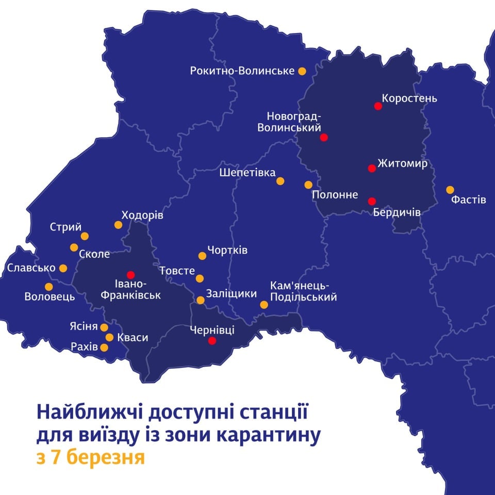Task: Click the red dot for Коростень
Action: tap(378, 106)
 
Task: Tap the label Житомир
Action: tap(403, 164)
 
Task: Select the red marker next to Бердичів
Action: tap(372, 201)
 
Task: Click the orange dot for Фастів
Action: tap(450, 189)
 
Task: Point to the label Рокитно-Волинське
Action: tap(242, 71)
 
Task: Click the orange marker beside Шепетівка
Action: tap(280, 181)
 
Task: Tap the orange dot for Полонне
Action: tap(308, 185)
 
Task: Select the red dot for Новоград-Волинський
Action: tap(324, 137)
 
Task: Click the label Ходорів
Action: tap(142, 215)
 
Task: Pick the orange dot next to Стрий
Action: tap(85, 236)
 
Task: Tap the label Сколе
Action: tap(95, 254)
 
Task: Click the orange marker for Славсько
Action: tap(63, 268)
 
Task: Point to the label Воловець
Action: tap(49, 297)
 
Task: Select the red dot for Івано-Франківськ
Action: tap(130, 274)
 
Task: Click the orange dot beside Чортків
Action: tap(202, 256)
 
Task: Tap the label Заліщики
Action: tap(231, 294)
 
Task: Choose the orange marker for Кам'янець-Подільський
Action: tap(264, 305)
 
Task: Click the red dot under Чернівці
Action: tap(211, 341)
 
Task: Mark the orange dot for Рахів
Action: tap(104, 348)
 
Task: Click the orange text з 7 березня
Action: tap(90, 457)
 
